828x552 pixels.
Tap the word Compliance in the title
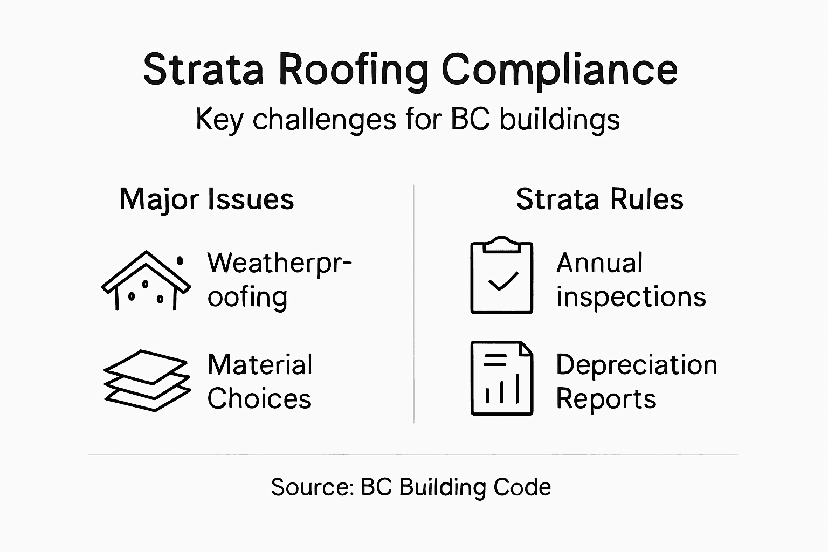pyautogui.click(x=559, y=70)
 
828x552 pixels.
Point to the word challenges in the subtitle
pyautogui.click(x=324, y=119)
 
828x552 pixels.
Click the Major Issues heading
pyautogui.click(x=206, y=199)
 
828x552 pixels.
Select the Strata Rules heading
pyautogui.click(x=599, y=199)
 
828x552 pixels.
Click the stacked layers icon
pyautogui.click(x=147, y=380)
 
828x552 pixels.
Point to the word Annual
pyautogui.click(x=599, y=264)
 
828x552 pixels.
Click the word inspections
pyautogui.click(x=631, y=297)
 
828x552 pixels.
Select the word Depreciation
pyautogui.click(x=637, y=365)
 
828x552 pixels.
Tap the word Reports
pyautogui.click(x=606, y=399)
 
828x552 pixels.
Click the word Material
pyautogui.click(x=260, y=365)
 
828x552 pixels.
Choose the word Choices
pyautogui.click(x=259, y=399)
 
